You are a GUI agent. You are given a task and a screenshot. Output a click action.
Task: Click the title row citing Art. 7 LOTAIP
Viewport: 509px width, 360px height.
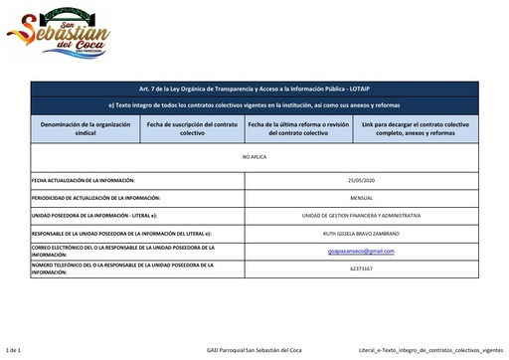pos(254,88)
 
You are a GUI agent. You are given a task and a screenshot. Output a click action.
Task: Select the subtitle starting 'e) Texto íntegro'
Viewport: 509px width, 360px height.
pos(254,104)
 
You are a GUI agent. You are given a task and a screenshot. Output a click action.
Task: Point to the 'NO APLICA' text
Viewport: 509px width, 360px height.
pos(254,157)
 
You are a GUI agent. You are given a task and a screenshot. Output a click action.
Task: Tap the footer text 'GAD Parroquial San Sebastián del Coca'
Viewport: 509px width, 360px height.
pos(254,351)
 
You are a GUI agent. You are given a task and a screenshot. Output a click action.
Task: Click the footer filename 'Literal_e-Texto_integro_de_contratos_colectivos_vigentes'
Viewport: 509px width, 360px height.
pos(429,351)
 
